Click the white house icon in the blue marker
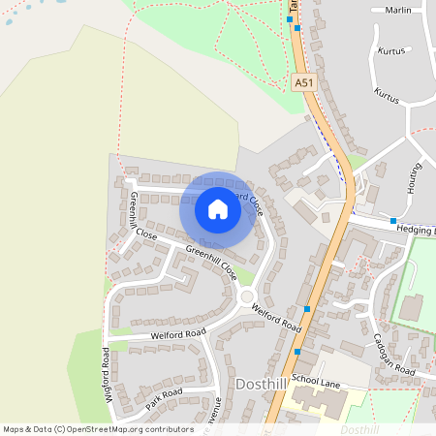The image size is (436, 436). (218, 208)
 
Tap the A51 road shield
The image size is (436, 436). (304, 83)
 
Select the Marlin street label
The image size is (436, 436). (397, 11)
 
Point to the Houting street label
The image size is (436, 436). (415, 178)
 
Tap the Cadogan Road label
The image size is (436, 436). (394, 356)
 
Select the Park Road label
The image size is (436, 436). (163, 397)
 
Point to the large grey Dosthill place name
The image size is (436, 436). (261, 385)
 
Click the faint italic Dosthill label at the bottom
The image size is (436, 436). (359, 428)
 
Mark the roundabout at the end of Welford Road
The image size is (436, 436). (246, 297)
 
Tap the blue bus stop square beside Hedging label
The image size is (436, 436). (392, 222)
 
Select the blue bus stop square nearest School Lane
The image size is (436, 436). (297, 351)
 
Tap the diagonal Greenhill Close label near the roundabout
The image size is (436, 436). (211, 261)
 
